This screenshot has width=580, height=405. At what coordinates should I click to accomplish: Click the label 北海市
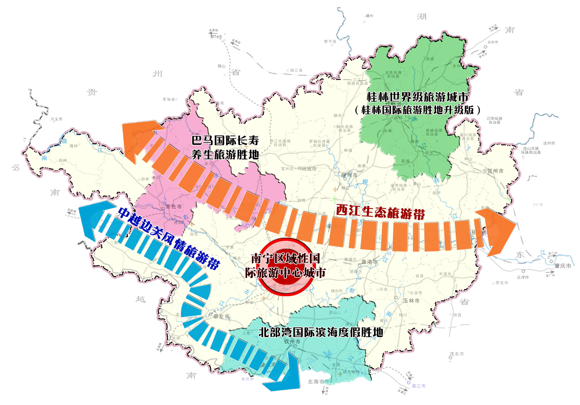point(316,382)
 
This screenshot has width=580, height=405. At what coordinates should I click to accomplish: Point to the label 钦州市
point(292,342)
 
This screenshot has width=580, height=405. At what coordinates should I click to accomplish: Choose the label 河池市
point(309,169)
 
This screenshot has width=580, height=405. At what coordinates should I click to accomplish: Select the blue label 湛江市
point(418,386)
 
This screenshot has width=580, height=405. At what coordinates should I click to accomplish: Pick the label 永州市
point(493,42)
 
